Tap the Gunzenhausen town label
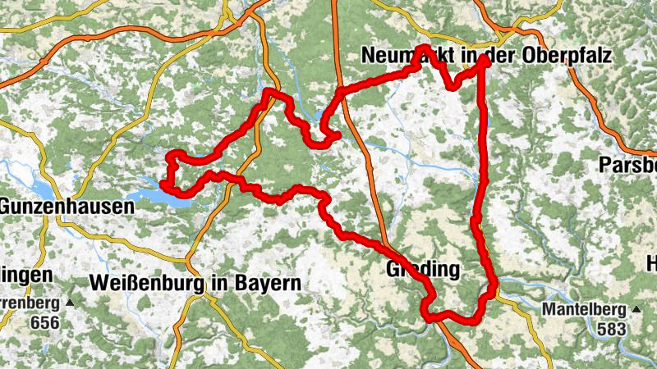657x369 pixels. point(67,207)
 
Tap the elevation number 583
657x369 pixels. point(608,328)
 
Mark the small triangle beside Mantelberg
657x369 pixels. point(635,310)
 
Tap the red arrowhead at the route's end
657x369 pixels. point(484,60)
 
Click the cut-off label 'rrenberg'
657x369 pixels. point(29,303)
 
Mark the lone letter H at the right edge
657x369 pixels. point(651,264)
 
